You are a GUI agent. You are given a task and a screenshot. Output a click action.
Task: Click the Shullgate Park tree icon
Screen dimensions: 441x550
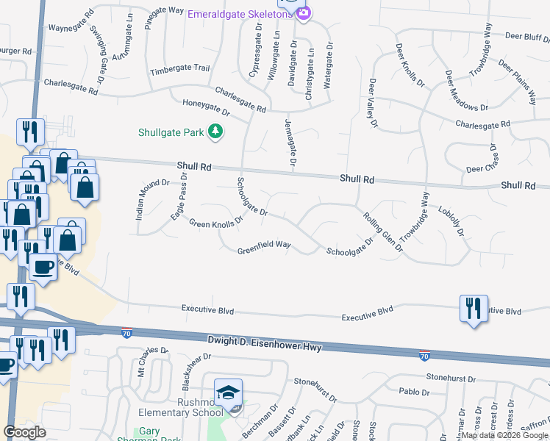(215, 132)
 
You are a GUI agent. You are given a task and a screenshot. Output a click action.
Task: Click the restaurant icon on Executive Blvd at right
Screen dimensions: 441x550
(472, 308)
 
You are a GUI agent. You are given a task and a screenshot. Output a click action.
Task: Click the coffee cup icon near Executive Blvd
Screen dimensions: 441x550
(43, 266)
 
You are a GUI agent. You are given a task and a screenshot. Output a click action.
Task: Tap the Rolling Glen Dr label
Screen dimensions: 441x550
(383, 232)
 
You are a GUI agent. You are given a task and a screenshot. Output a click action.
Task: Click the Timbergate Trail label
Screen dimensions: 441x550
(180, 68)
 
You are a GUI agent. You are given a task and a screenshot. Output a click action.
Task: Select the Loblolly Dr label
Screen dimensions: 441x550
(451, 221)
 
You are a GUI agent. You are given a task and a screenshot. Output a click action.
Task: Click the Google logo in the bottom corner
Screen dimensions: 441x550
(25, 432)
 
